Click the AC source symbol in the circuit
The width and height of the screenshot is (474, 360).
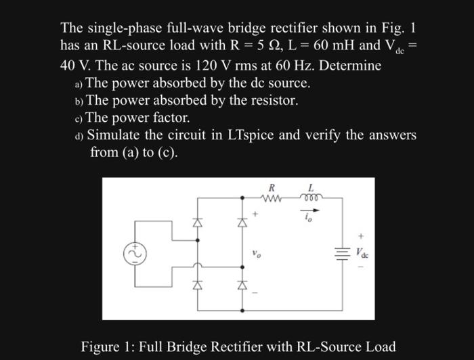click(133, 252)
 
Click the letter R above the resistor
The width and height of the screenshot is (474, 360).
click(272, 187)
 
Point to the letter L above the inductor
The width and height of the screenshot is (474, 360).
click(311, 187)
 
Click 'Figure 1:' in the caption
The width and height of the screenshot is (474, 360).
click(110, 346)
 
